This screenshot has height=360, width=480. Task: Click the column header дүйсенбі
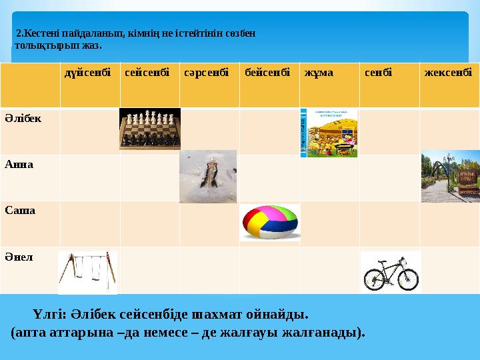(87, 72)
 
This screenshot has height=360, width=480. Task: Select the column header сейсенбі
(146, 72)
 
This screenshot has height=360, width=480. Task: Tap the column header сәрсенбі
(206, 72)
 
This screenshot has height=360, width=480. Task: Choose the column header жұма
(317, 72)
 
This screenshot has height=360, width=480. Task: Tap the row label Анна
(19, 164)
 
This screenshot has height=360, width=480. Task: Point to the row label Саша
(19, 210)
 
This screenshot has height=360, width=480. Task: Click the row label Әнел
(18, 256)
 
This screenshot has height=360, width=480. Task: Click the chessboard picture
(150, 129)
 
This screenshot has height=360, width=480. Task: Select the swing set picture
(87, 271)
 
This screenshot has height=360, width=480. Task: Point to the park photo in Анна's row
(450, 177)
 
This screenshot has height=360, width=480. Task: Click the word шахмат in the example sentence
(218, 313)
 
